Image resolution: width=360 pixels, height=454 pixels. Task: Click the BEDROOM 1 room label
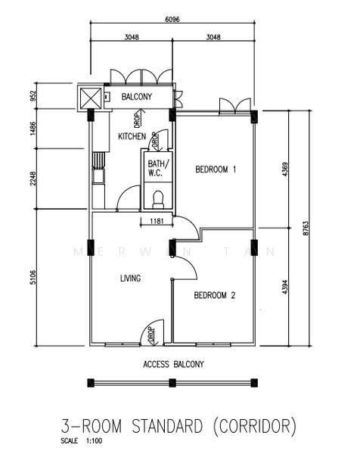(216, 169)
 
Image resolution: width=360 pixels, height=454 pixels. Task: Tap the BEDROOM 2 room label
(215, 295)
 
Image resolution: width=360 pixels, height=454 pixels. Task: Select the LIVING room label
(131, 278)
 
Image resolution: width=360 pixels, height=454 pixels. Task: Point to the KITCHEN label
(132, 136)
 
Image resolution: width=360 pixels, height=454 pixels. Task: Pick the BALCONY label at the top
(137, 96)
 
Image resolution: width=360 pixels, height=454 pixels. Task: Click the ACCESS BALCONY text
(173, 364)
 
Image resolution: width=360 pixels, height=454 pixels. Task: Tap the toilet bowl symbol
(158, 199)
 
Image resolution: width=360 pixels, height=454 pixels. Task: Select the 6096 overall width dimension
(172, 20)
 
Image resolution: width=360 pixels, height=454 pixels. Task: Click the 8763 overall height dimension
(306, 229)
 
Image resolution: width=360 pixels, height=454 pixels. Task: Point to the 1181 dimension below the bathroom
(157, 221)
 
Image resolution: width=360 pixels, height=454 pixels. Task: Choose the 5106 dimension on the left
(33, 278)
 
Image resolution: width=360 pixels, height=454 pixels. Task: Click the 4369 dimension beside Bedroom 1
(285, 169)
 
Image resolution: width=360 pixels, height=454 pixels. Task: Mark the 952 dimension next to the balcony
(33, 96)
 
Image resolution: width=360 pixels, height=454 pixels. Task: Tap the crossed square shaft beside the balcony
(91, 98)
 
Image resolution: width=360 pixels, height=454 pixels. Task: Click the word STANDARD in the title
(167, 427)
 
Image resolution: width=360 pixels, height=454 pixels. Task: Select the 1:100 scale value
(94, 441)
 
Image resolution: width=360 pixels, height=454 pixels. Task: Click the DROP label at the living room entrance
(151, 334)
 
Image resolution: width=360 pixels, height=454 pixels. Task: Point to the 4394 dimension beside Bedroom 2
(285, 287)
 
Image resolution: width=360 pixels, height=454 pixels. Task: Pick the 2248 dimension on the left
(33, 179)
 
